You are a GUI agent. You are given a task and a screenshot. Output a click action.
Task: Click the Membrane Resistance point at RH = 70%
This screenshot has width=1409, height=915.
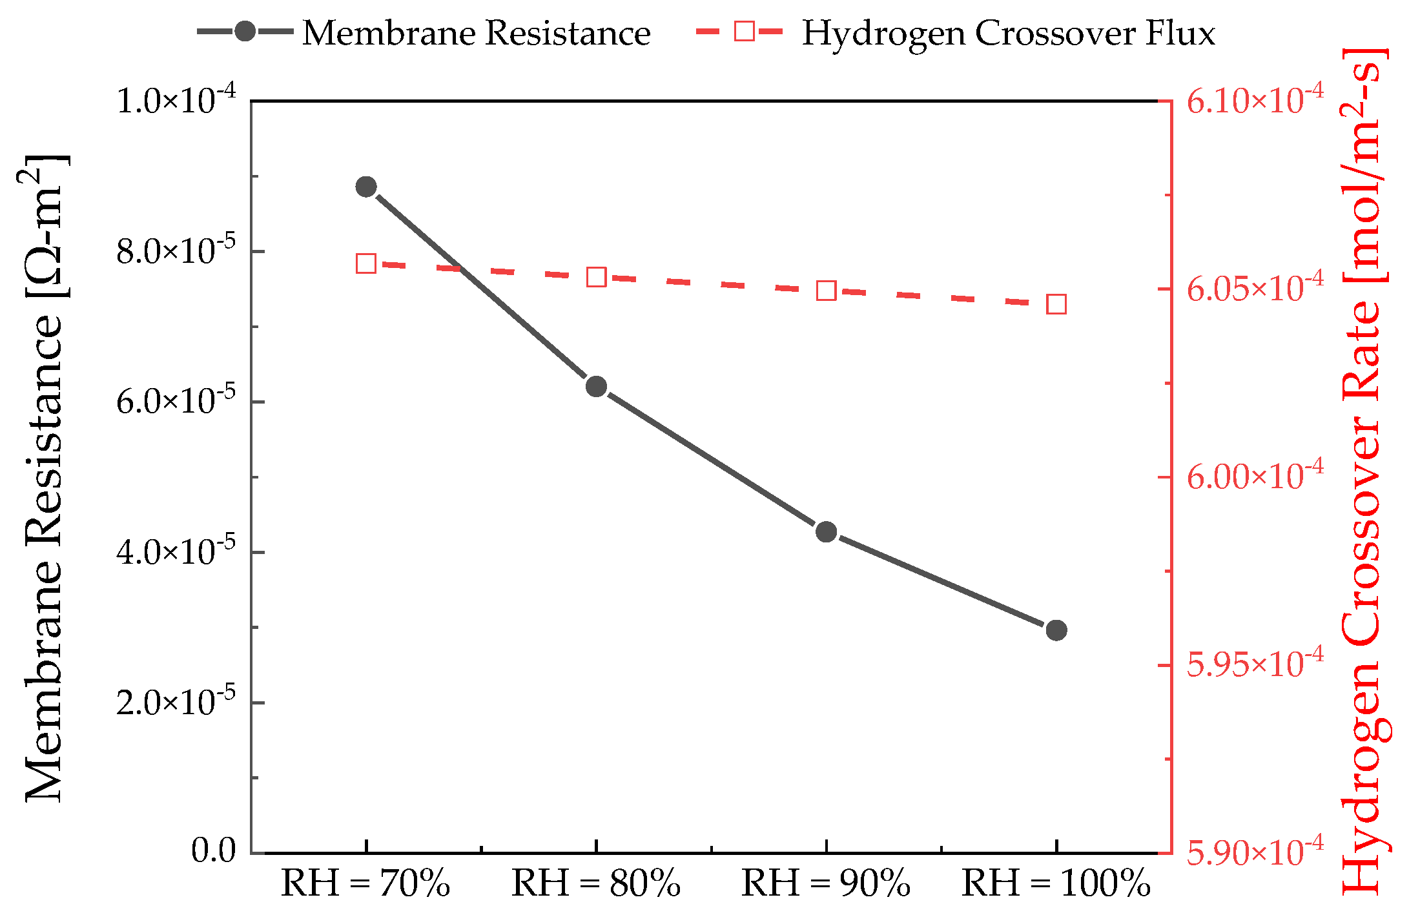tap(366, 187)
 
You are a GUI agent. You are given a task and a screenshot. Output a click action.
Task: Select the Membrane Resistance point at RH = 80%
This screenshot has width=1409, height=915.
tap(596, 387)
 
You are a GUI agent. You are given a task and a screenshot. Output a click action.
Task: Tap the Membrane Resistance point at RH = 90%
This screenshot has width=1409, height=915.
tap(826, 532)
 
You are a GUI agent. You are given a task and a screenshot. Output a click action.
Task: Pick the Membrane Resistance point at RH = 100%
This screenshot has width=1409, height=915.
tap(1056, 630)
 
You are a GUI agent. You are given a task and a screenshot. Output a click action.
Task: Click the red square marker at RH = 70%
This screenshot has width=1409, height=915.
tap(366, 263)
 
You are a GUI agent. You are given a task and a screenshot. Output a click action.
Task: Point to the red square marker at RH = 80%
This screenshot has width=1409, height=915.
tap(596, 277)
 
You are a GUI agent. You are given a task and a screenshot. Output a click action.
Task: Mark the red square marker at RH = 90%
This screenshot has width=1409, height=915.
tap(826, 291)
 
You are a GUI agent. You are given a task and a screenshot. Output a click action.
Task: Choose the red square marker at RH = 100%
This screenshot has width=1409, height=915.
tap(1056, 304)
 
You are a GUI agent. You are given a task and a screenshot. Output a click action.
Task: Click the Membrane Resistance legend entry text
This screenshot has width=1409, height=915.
tap(476, 33)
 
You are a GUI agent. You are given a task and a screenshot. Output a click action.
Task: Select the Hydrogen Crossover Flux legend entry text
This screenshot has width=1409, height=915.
tap(1008, 33)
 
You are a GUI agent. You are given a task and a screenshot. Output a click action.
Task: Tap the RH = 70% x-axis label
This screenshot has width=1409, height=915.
tap(365, 884)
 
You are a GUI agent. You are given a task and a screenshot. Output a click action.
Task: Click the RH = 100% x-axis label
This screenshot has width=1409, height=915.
tap(1056, 884)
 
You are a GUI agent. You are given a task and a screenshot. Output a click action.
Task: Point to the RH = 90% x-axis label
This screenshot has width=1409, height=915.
tap(826, 884)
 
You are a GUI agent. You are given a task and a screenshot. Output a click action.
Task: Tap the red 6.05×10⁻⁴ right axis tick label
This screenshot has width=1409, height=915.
tap(1255, 288)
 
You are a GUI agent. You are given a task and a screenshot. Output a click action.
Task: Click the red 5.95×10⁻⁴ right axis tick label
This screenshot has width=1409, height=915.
tap(1255, 664)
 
